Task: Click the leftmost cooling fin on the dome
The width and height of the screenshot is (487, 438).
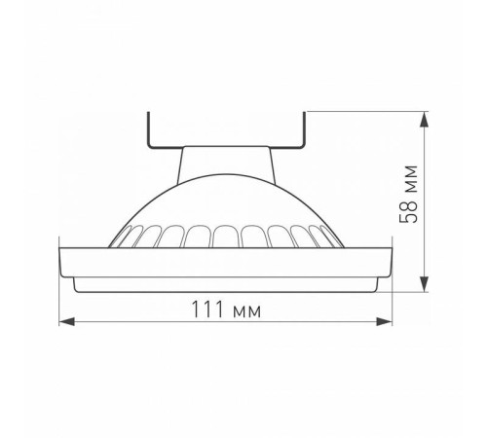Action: [x=120, y=237]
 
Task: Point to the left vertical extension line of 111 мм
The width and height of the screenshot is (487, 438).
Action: [x=61, y=302]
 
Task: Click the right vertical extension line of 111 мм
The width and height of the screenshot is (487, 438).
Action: [x=393, y=302]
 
